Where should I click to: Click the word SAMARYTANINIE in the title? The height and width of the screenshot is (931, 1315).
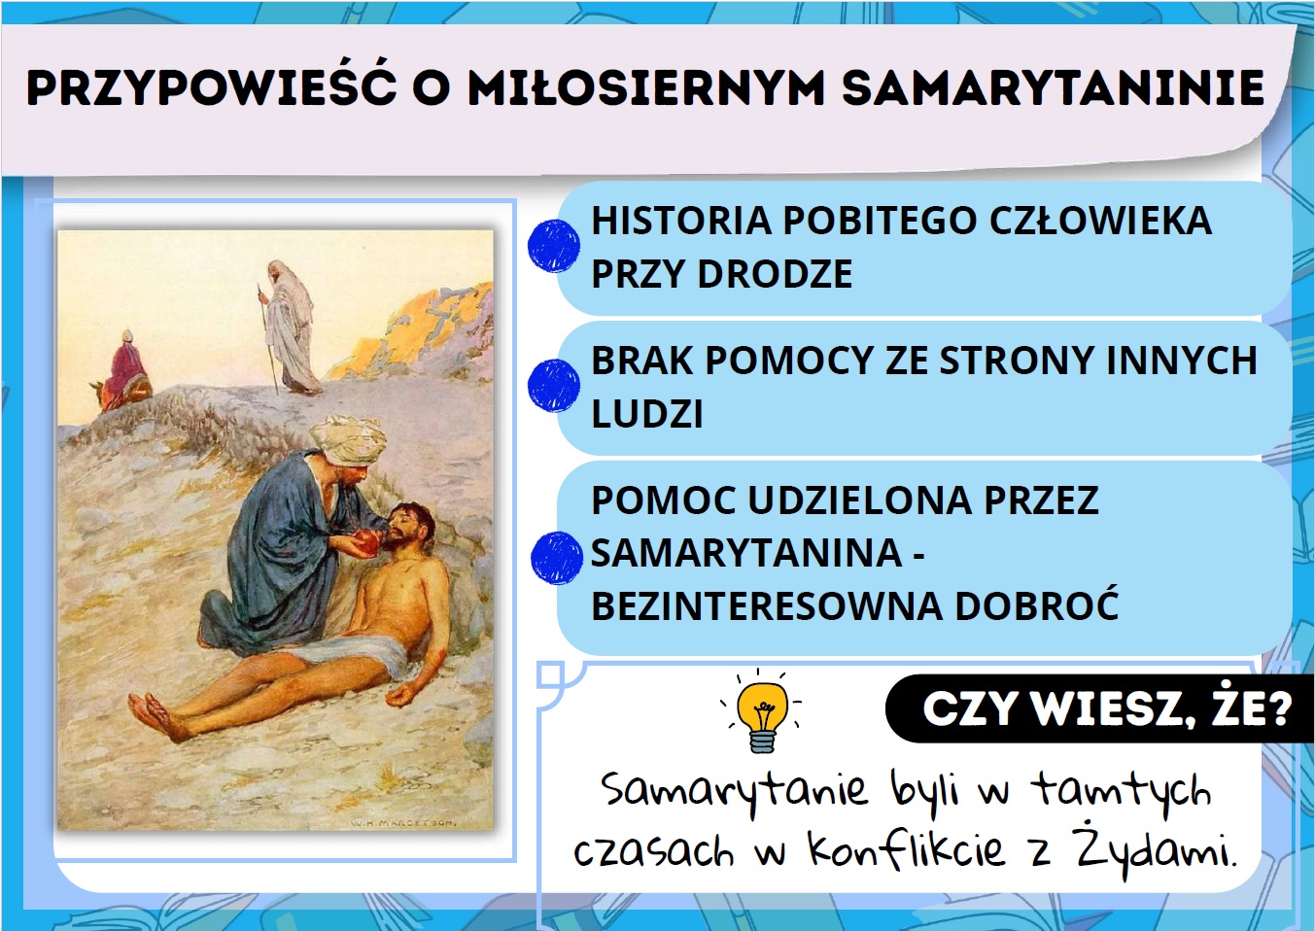1054,87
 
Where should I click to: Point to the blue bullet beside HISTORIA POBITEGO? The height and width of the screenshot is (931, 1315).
554,246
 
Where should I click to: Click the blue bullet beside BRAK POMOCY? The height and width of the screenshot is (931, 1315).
554,386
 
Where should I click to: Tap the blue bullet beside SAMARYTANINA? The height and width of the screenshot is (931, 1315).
556,558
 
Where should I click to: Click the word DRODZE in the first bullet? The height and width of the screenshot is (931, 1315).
775,274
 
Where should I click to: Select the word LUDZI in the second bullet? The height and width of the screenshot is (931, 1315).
647,413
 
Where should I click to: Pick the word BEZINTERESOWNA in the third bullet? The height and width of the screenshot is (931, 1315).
767,605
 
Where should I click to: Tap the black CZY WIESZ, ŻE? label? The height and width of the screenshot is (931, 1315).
1098,709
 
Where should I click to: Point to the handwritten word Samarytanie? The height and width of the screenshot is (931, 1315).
734,789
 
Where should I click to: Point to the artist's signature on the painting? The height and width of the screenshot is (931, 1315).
403,822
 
